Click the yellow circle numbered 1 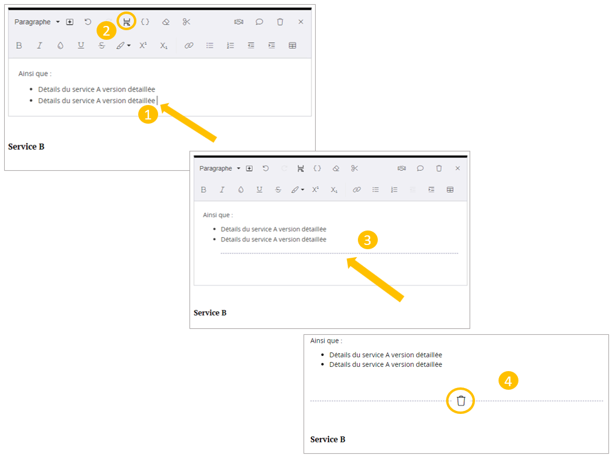pyautogui.click(x=148, y=115)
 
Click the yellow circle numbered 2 pyautogui.click(x=106, y=30)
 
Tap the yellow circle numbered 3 pyautogui.click(x=368, y=240)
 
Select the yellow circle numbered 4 pyautogui.click(x=508, y=381)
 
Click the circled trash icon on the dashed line pyautogui.click(x=461, y=401)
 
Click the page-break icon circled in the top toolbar pyautogui.click(x=126, y=22)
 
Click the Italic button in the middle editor pyautogui.click(x=222, y=189)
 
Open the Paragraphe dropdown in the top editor pyautogui.click(x=37, y=22)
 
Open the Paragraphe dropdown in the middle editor pyautogui.click(x=220, y=168)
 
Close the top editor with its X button pyautogui.click(x=301, y=22)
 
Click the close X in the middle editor pyautogui.click(x=457, y=168)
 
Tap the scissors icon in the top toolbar pyautogui.click(x=186, y=22)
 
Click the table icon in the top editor pyautogui.click(x=292, y=45)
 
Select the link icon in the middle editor pyautogui.click(x=357, y=189)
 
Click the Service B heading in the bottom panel pyautogui.click(x=328, y=439)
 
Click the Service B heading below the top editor pyautogui.click(x=27, y=147)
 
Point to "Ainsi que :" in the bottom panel pyautogui.click(x=326, y=341)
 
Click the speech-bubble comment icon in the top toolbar pyautogui.click(x=260, y=22)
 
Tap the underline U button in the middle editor pyautogui.click(x=260, y=189)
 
